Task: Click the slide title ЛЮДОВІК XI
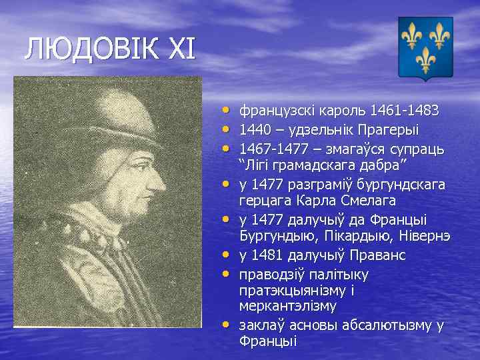coord(111,50)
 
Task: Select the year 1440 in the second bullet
coord(255,129)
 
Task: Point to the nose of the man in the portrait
coord(161,180)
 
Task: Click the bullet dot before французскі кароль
coord(227,108)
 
